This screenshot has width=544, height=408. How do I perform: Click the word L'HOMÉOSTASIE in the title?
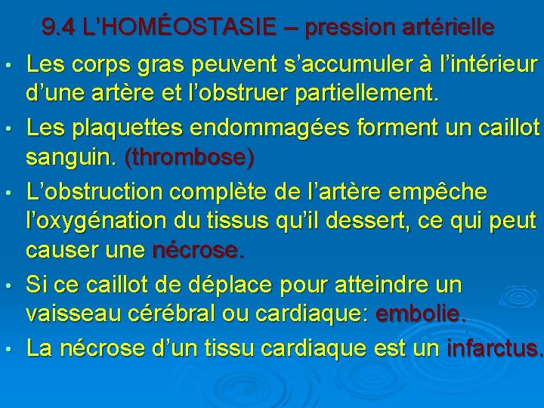(x=167, y=28)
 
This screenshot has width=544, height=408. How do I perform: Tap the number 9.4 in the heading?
(x=58, y=28)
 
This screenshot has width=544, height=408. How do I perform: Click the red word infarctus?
(x=495, y=348)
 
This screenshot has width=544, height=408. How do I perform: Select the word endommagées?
(x=263, y=128)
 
